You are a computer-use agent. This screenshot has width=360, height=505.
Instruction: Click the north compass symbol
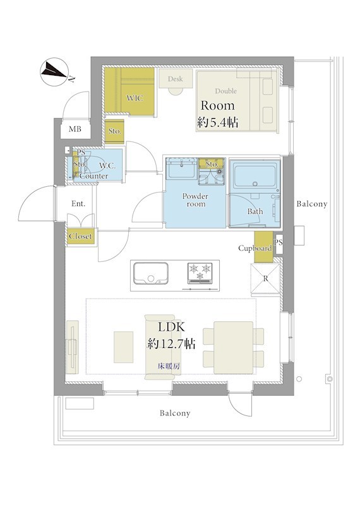[54, 72]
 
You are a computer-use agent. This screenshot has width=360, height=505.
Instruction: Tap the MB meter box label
[75, 129]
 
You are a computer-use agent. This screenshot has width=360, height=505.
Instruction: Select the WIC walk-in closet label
[135, 98]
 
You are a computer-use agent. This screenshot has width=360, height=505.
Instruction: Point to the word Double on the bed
[225, 91]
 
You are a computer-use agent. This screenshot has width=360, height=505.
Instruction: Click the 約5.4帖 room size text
[218, 122]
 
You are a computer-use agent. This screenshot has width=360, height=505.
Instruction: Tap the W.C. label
[107, 167]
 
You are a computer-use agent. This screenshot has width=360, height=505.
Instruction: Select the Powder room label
[195, 199]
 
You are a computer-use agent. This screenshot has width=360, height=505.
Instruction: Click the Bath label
[255, 211]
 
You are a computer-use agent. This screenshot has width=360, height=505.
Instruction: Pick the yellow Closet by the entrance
[81, 237]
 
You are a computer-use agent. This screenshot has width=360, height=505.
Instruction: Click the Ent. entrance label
[78, 204]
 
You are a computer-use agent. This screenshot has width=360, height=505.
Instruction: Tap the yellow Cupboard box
[263, 247]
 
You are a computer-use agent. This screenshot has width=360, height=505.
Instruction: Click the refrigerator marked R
[265, 279]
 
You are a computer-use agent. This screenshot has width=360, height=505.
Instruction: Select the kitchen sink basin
[151, 273]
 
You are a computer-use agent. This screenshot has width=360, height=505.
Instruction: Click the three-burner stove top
[200, 273]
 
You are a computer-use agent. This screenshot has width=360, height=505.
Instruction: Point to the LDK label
[171, 327]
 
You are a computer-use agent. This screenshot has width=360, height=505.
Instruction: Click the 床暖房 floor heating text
[169, 366]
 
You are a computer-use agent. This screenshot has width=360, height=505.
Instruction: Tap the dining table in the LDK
[233, 348]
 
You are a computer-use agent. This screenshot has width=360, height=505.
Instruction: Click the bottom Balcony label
[175, 413]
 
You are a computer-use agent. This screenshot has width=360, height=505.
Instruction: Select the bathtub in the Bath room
[255, 177]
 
